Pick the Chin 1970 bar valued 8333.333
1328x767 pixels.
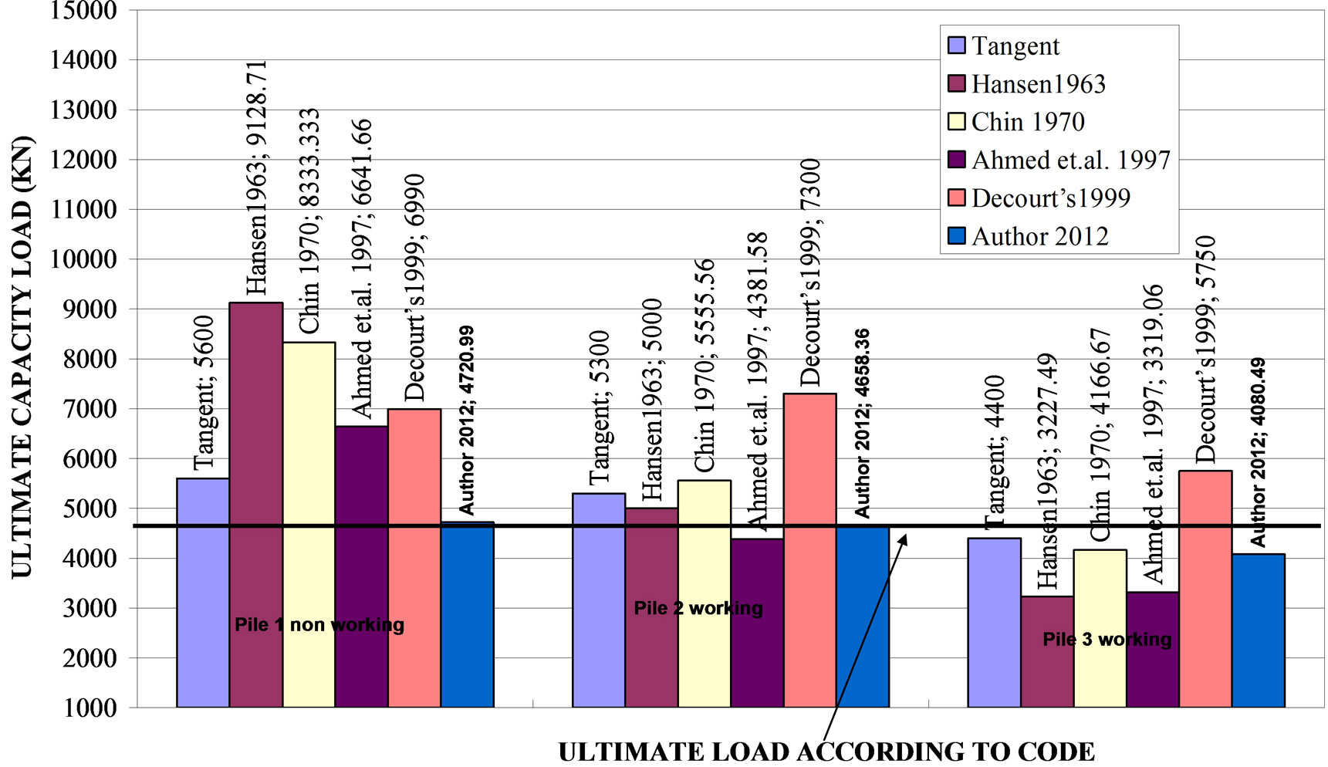coord(309,525)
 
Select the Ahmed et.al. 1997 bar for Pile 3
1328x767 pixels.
coord(1152,649)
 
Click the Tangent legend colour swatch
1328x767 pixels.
coord(957,46)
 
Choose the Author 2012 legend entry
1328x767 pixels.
coord(1039,236)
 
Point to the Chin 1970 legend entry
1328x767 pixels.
coord(1027,122)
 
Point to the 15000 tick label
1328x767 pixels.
coord(83,11)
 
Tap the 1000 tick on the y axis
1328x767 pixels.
coord(90,708)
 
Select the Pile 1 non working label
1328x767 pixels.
coord(319,624)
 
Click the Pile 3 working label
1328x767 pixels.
coord(1107,639)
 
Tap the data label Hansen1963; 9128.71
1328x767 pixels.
coord(255,177)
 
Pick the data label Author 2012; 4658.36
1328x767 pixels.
coord(862,423)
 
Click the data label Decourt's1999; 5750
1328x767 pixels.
coord(1205,349)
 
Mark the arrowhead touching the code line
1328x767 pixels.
coord(903,538)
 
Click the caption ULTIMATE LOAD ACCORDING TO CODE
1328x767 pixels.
coord(826,752)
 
